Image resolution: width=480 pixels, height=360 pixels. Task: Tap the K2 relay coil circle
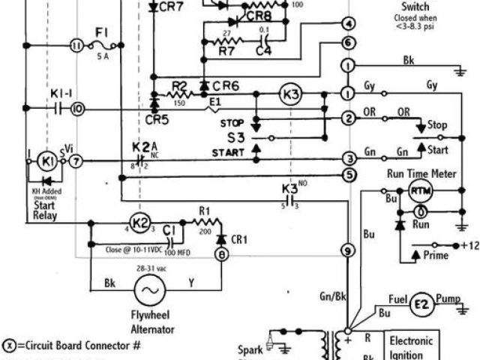(139, 223)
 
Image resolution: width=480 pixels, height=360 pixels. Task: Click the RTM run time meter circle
(418, 193)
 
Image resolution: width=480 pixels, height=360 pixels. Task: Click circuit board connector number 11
(75, 45)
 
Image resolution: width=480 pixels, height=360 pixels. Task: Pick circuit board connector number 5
(347, 175)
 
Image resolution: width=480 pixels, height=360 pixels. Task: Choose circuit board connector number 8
(220, 255)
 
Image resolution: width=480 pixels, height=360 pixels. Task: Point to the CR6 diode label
(225, 86)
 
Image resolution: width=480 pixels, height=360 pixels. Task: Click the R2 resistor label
(178, 85)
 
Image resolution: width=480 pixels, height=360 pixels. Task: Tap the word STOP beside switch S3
(232, 123)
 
